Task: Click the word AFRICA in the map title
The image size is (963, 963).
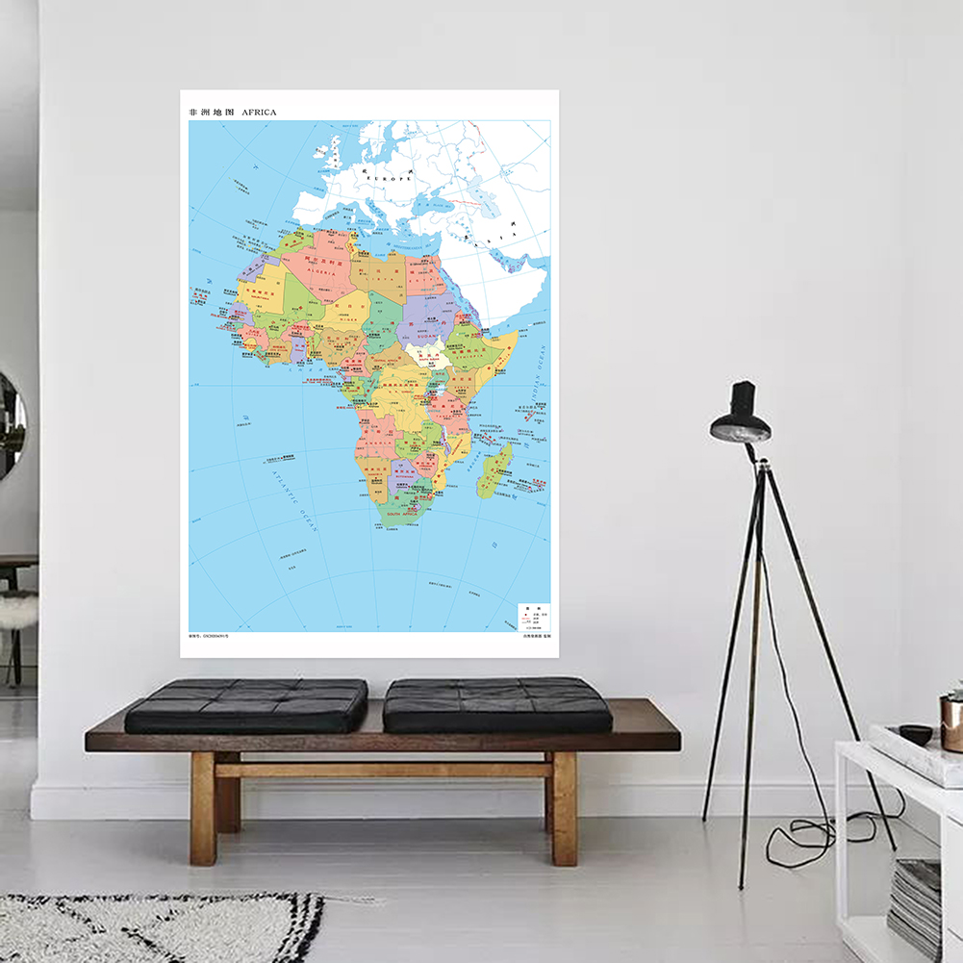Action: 259,113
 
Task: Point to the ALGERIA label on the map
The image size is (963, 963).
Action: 322,272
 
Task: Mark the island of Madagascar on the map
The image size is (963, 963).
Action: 494,470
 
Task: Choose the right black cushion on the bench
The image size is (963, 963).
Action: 496,704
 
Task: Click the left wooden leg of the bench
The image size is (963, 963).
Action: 203,808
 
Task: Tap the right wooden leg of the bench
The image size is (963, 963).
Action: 564,808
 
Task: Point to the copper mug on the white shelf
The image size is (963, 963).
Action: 951,722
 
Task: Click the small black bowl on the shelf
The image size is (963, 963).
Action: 915,734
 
